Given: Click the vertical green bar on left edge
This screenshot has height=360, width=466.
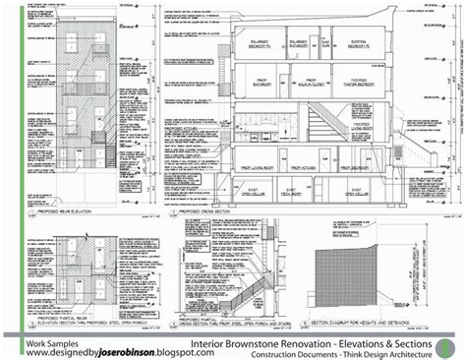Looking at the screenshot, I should click(x=4, y=177).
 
